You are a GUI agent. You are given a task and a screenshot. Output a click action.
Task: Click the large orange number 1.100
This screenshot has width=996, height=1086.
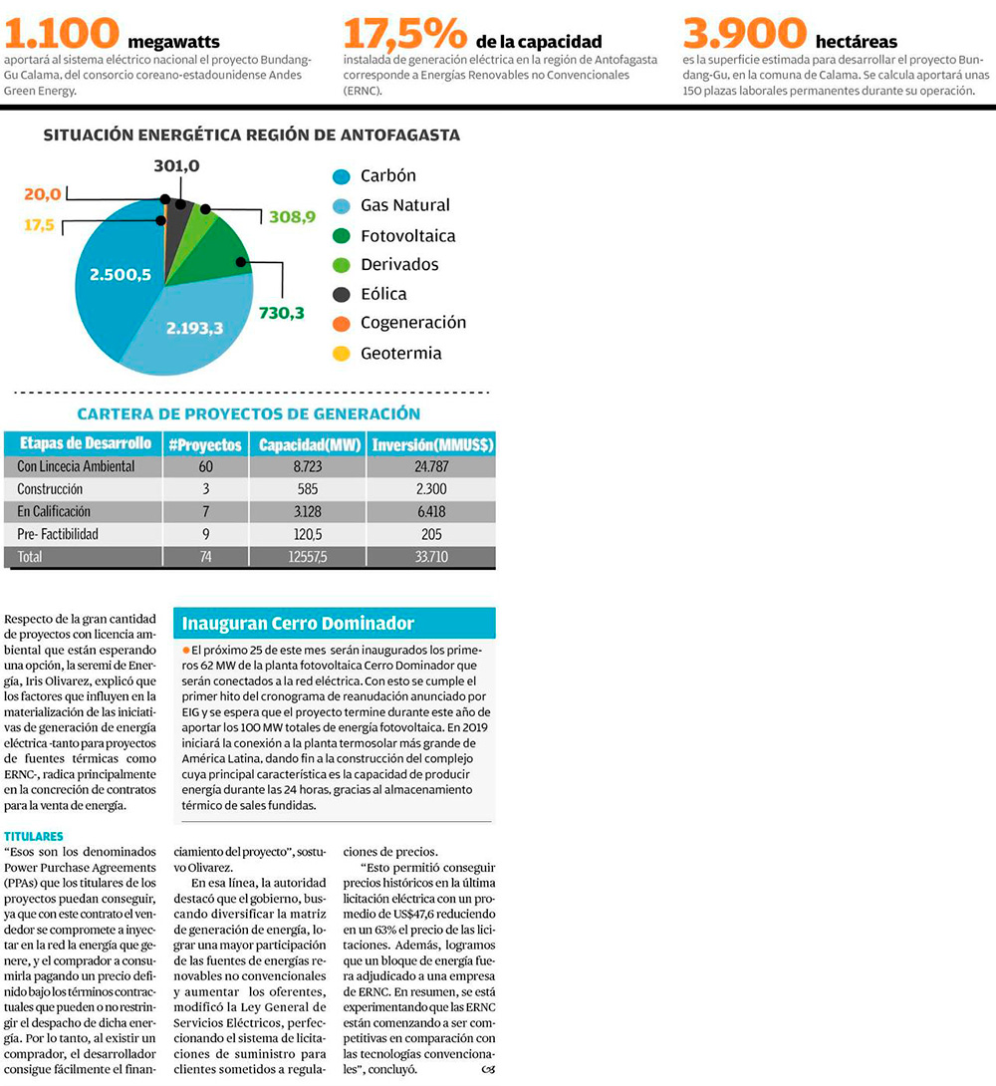point(62,32)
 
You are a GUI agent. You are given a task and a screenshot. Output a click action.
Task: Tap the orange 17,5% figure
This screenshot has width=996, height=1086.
point(404,32)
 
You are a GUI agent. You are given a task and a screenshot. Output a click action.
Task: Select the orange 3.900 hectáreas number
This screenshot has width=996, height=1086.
point(744,32)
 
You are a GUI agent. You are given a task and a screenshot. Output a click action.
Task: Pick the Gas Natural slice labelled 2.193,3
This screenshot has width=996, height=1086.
point(195,327)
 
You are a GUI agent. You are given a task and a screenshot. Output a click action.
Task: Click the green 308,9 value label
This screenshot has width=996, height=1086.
point(292,215)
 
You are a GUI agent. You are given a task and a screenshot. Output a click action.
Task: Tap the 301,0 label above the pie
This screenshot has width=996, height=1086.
point(178,165)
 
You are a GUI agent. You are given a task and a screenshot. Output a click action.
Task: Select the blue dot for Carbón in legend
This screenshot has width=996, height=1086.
point(342,176)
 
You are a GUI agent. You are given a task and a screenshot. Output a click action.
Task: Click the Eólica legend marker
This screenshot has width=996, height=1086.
point(342,294)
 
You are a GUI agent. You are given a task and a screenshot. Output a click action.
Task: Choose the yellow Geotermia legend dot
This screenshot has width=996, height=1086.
point(342,353)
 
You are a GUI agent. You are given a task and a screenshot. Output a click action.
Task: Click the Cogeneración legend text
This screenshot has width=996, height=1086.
point(412,323)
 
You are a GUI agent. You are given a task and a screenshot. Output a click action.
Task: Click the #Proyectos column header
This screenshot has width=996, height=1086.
point(205,444)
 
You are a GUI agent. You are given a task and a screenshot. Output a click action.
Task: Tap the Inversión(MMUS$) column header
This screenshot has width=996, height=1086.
point(431,444)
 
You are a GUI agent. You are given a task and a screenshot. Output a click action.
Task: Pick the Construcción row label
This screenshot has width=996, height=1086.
point(50,489)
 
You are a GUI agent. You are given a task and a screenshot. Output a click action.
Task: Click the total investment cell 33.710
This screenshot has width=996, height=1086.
point(430,557)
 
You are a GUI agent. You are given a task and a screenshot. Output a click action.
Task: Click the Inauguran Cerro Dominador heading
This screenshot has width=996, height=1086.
point(297,624)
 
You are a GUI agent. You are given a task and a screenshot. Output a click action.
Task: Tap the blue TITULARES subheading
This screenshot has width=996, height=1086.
point(34,836)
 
